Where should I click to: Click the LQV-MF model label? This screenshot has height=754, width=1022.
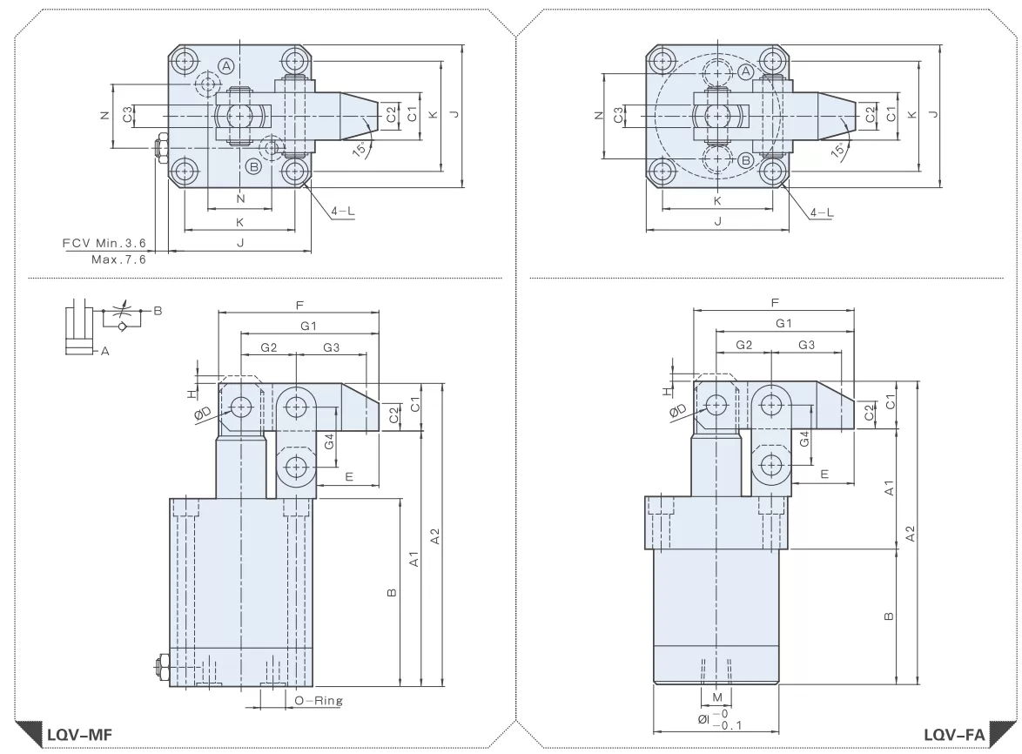[79, 735]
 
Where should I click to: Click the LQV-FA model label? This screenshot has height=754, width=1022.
[953, 735]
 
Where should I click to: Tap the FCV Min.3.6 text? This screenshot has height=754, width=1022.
[104, 243]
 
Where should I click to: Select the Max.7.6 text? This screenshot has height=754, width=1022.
[118, 259]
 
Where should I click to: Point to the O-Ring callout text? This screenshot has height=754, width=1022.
[319, 701]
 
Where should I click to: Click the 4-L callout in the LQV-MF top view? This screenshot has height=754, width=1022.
[343, 212]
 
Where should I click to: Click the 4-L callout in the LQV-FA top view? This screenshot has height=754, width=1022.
[822, 212]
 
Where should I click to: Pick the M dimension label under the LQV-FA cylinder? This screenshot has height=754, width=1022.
[717, 697]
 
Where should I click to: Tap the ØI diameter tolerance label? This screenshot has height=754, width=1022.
[720, 719]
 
